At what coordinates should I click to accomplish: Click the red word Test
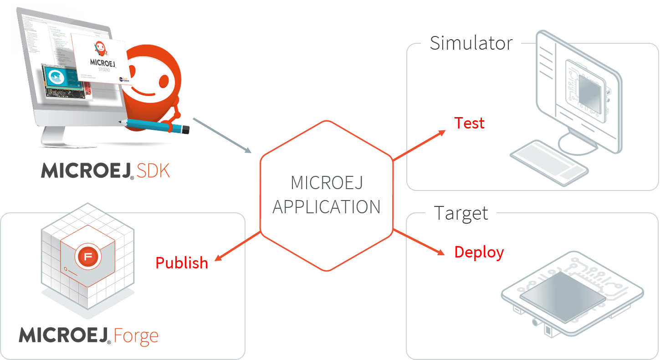click(470, 123)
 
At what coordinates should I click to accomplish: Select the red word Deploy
click(479, 252)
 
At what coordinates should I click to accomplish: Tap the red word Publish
click(182, 263)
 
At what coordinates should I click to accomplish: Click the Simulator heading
click(471, 43)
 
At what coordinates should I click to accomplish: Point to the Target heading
click(461, 213)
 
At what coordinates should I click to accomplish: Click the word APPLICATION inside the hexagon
click(327, 207)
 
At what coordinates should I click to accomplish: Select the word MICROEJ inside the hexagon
click(327, 183)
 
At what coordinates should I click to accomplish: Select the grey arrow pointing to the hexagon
click(222, 135)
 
